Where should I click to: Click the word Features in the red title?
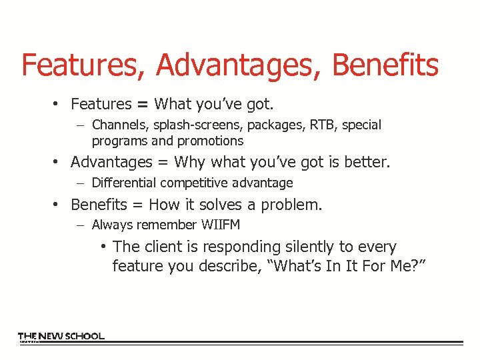[x=84, y=65]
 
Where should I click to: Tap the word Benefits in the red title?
[x=385, y=65]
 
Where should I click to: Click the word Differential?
[x=120, y=183]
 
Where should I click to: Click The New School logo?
[x=61, y=337]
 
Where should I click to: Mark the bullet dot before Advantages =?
[x=59, y=163]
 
